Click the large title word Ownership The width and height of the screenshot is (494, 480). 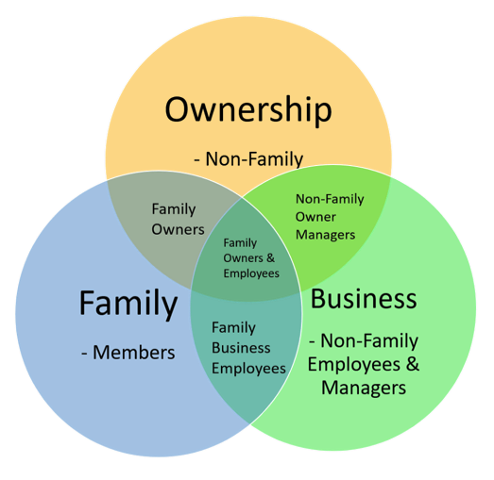248,110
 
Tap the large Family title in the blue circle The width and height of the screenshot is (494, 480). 128,305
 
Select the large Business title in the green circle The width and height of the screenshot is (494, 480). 364,299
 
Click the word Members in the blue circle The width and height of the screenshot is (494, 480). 134,353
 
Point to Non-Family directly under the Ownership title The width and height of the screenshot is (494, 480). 254,159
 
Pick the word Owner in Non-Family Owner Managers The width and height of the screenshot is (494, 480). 315,217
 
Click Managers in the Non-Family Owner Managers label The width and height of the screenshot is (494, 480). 325,235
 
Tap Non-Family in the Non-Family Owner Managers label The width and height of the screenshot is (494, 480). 330,199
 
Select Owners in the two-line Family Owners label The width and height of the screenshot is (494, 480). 178,229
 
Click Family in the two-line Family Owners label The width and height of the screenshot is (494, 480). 174,209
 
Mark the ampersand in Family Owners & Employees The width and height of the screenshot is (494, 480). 271,258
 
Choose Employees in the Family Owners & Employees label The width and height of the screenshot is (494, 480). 251,273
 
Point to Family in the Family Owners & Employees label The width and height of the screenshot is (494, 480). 240,243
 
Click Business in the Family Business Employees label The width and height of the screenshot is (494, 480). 241,348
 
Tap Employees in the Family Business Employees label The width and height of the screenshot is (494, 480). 248,369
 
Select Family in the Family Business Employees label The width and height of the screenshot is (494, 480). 233,328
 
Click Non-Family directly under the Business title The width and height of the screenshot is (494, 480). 369,341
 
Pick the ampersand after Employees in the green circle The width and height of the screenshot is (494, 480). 413,364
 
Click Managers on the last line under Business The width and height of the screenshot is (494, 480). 364,388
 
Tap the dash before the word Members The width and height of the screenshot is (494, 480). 84,354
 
